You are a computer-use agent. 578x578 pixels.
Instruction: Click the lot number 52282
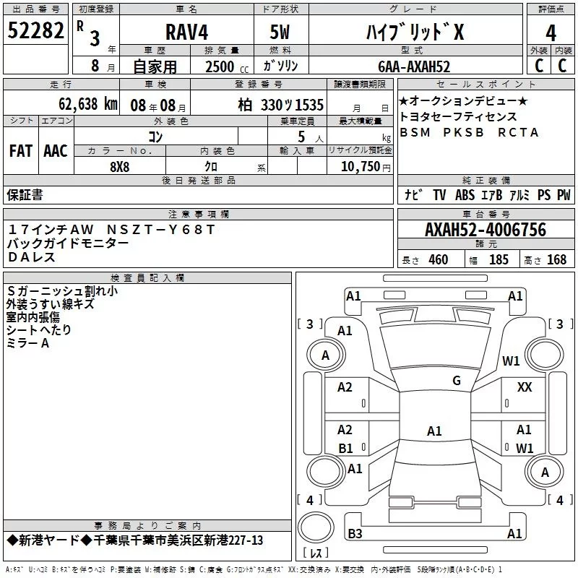pyautogui.click(x=35, y=31)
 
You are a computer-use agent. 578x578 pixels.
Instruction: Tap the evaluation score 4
pyautogui.click(x=551, y=33)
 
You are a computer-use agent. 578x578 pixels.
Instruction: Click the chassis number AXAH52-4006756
pyautogui.click(x=485, y=230)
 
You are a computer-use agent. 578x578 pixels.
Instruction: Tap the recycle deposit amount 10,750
pyautogui.click(x=361, y=166)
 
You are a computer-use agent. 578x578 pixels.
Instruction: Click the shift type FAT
pyautogui.click(x=21, y=151)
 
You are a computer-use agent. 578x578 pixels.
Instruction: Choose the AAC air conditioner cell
pyautogui.click(x=56, y=151)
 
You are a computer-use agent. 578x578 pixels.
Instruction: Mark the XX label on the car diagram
pyautogui.click(x=525, y=388)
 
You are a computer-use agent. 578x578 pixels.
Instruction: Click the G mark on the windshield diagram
pyautogui.click(x=456, y=381)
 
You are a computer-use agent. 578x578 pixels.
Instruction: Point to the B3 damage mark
pyautogui.click(x=355, y=534)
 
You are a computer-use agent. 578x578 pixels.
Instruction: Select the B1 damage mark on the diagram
pyautogui.click(x=345, y=448)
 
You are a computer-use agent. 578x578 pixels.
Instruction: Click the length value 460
pyautogui.click(x=438, y=260)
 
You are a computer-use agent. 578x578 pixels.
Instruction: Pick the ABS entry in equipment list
pyautogui.click(x=465, y=194)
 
